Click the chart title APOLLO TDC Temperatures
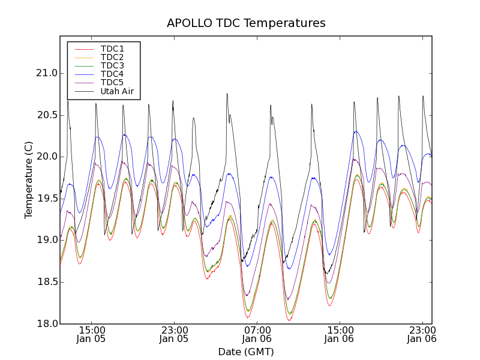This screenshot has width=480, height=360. point(246,23)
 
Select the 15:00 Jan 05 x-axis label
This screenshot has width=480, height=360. point(91,334)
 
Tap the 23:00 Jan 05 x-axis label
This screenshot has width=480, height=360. point(174,334)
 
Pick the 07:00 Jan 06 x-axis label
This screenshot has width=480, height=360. point(257,334)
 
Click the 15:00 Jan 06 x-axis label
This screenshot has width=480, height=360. point(340,334)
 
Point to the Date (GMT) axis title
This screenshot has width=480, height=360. point(246,352)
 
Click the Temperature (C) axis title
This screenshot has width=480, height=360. point(29,180)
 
